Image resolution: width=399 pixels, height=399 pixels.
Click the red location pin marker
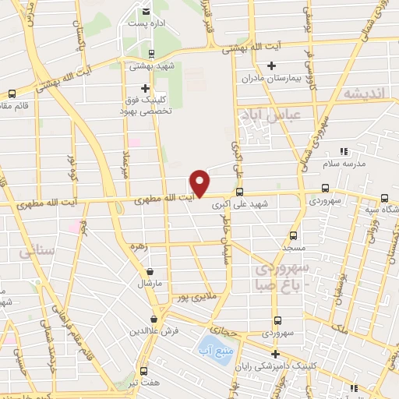click(x=199, y=183)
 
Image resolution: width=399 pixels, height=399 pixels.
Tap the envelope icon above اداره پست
click(x=147, y=12)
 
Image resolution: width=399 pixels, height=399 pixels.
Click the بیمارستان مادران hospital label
click(x=270, y=79)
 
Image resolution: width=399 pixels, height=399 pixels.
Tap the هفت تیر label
click(x=144, y=385)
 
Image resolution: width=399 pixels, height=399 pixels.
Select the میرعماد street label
click(x=126, y=161)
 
